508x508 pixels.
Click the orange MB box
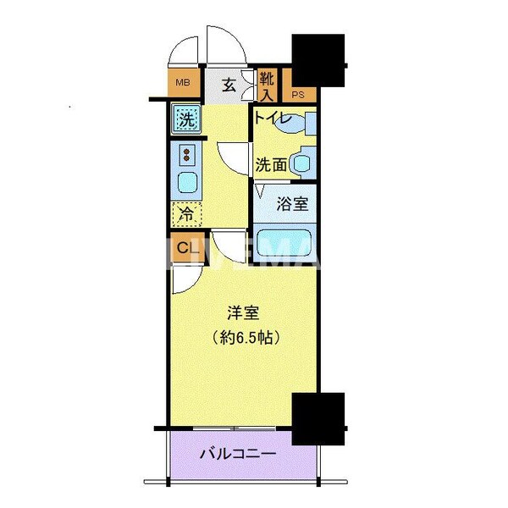182,83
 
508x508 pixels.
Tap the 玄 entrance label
229,84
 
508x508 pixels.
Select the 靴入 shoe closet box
267,85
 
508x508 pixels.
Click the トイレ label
274,119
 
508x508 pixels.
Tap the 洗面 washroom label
271,165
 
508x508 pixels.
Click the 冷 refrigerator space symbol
186,214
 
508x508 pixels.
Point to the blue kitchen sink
186,182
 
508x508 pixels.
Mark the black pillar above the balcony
318,418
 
